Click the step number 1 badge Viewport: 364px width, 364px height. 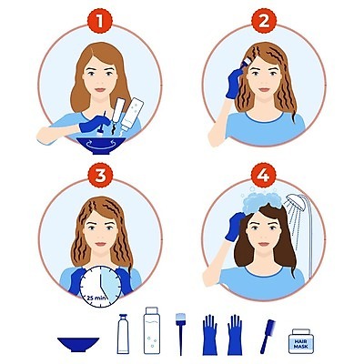pyautogui.click(x=100, y=21)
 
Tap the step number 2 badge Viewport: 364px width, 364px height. pyautogui.click(x=264, y=21)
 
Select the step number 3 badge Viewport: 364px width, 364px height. pyautogui.click(x=100, y=175)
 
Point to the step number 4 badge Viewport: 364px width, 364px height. pyautogui.click(x=264, y=175)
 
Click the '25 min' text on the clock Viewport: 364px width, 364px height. pyautogui.click(x=96, y=298)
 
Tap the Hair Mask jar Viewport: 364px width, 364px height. pyautogui.click(x=300, y=341)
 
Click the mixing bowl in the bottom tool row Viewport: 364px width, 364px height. pyautogui.click(x=78, y=345)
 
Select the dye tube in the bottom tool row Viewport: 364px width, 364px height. pyautogui.click(x=123, y=334)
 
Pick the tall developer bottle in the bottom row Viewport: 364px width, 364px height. pyautogui.click(x=152, y=330)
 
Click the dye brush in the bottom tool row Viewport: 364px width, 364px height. pyautogui.click(x=180, y=334)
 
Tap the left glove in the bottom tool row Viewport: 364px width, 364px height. pyautogui.click(x=209, y=335)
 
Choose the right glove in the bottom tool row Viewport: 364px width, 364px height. pyautogui.click(x=235, y=335)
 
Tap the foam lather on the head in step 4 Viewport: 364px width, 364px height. pyautogui.click(x=263, y=199)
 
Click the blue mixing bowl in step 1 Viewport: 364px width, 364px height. pyautogui.click(x=101, y=146)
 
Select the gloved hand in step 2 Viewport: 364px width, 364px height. pyautogui.click(x=235, y=83)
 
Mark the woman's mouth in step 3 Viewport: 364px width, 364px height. pyautogui.click(x=100, y=244)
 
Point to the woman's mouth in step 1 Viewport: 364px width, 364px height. pyautogui.click(x=100, y=90)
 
